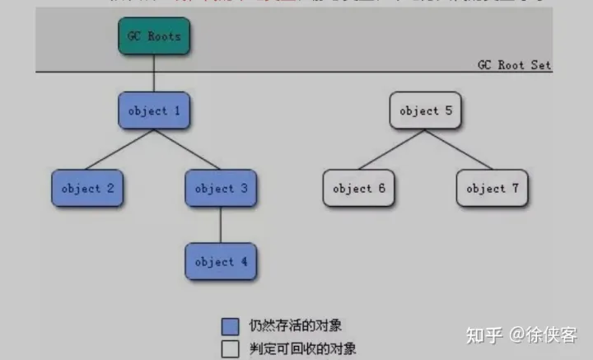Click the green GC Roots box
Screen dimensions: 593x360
pos(154,37)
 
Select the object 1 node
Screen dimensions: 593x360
pos(154,110)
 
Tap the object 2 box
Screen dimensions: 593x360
pos(87,189)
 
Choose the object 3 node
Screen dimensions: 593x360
pos(221,189)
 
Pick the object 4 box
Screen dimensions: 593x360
pos(221,262)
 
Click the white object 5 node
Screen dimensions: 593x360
pos(425,110)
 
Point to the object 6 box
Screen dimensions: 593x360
pos(358,189)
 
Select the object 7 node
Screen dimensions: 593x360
pos(492,189)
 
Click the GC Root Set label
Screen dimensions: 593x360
pos(514,65)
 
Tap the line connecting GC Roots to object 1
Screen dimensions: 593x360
pos(154,74)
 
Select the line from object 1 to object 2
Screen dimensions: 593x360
pos(120,150)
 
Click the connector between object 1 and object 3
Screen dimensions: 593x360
pos(188,150)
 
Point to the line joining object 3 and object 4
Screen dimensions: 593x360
pos(221,225)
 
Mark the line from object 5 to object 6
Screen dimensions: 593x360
pos(391,150)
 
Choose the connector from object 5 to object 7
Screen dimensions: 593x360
pos(459,150)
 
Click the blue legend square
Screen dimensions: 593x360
pos(230,325)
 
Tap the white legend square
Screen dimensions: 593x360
pos(230,348)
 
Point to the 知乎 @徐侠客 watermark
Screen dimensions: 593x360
pos(521,334)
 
